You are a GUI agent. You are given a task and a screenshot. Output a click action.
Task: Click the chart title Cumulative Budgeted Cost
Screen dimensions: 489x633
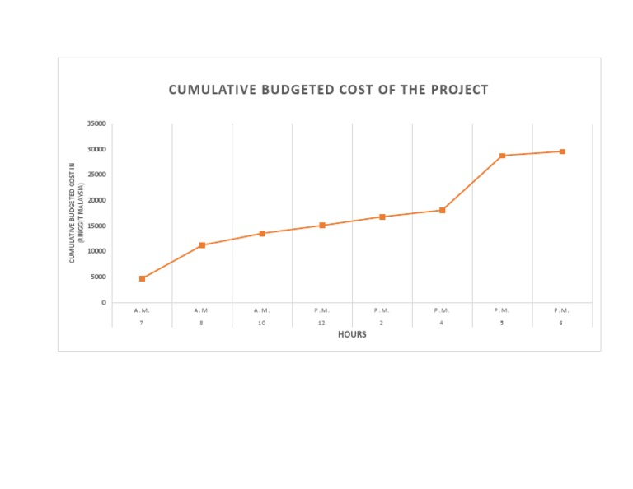328,90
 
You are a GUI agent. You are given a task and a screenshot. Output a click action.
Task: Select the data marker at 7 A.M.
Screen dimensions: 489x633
142,278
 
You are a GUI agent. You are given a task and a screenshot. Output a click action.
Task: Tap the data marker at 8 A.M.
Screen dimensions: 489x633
202,245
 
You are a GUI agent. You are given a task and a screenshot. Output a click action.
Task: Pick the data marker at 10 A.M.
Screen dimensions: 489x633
262,233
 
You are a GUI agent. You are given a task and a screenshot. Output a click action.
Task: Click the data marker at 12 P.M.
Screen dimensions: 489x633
322,225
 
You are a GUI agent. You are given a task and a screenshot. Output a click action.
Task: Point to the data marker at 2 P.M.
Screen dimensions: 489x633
382,217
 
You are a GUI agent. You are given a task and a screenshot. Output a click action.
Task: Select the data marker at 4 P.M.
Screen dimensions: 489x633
442,210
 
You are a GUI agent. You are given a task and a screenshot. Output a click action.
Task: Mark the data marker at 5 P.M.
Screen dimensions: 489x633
502,156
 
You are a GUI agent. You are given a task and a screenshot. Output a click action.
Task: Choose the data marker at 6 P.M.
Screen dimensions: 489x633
562,151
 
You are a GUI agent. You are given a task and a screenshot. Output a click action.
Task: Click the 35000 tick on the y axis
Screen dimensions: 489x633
97,123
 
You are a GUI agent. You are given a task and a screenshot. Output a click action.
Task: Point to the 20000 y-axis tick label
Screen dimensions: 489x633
97,200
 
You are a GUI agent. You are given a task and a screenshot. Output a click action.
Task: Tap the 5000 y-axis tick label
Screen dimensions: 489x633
99,277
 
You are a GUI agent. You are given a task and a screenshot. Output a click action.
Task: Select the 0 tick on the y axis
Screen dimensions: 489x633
104,302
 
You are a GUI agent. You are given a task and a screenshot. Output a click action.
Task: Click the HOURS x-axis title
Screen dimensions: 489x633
352,334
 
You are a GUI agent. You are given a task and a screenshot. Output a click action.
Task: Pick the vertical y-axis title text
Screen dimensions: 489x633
77,213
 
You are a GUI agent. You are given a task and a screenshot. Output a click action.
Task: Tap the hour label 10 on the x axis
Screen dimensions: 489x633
261,323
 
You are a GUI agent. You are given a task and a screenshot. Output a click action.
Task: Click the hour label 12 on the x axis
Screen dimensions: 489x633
321,323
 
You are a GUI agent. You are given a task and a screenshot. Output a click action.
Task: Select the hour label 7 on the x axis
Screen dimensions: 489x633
142,323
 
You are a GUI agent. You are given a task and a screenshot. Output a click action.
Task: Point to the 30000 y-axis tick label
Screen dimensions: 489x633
97,149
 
